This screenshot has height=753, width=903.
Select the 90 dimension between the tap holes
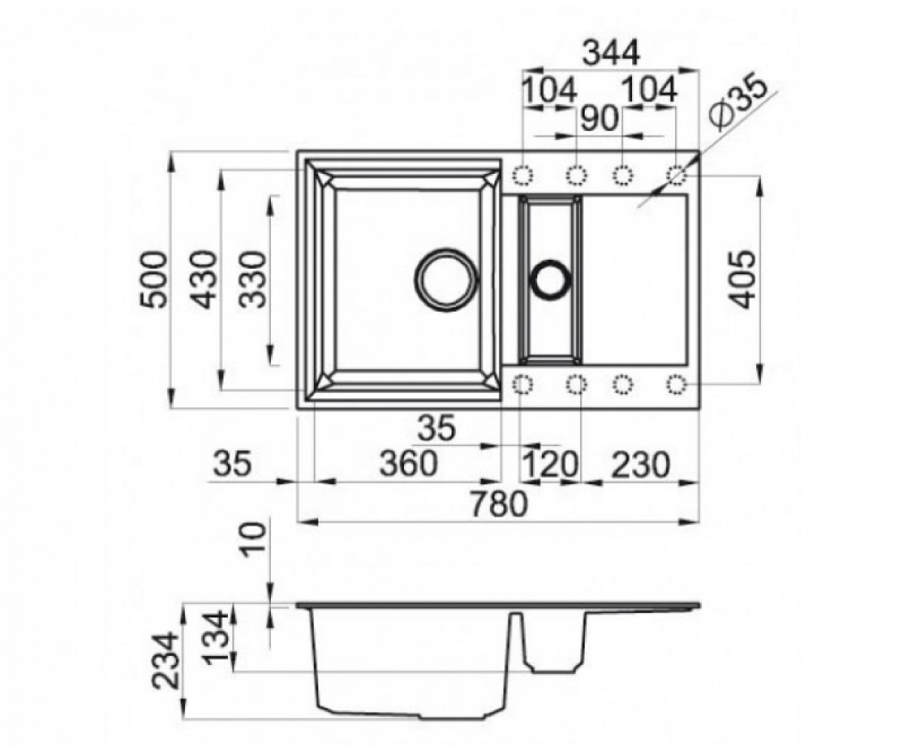click(599, 118)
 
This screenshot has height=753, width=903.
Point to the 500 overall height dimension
click(154, 280)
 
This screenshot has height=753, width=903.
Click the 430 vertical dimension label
click(202, 280)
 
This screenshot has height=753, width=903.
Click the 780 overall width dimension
click(499, 504)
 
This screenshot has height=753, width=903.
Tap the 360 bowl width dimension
click(409, 463)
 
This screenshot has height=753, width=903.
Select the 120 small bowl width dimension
click(550, 465)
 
